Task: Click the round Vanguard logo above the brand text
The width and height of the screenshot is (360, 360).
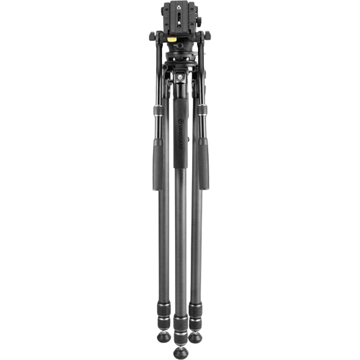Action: click(x=180, y=121)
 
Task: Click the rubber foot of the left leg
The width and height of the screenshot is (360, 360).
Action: click(x=164, y=337)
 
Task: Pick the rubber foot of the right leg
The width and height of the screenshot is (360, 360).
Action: click(x=195, y=336)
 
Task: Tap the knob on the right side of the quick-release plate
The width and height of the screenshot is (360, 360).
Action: click(x=199, y=21)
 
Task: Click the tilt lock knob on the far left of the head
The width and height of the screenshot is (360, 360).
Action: click(x=153, y=36)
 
